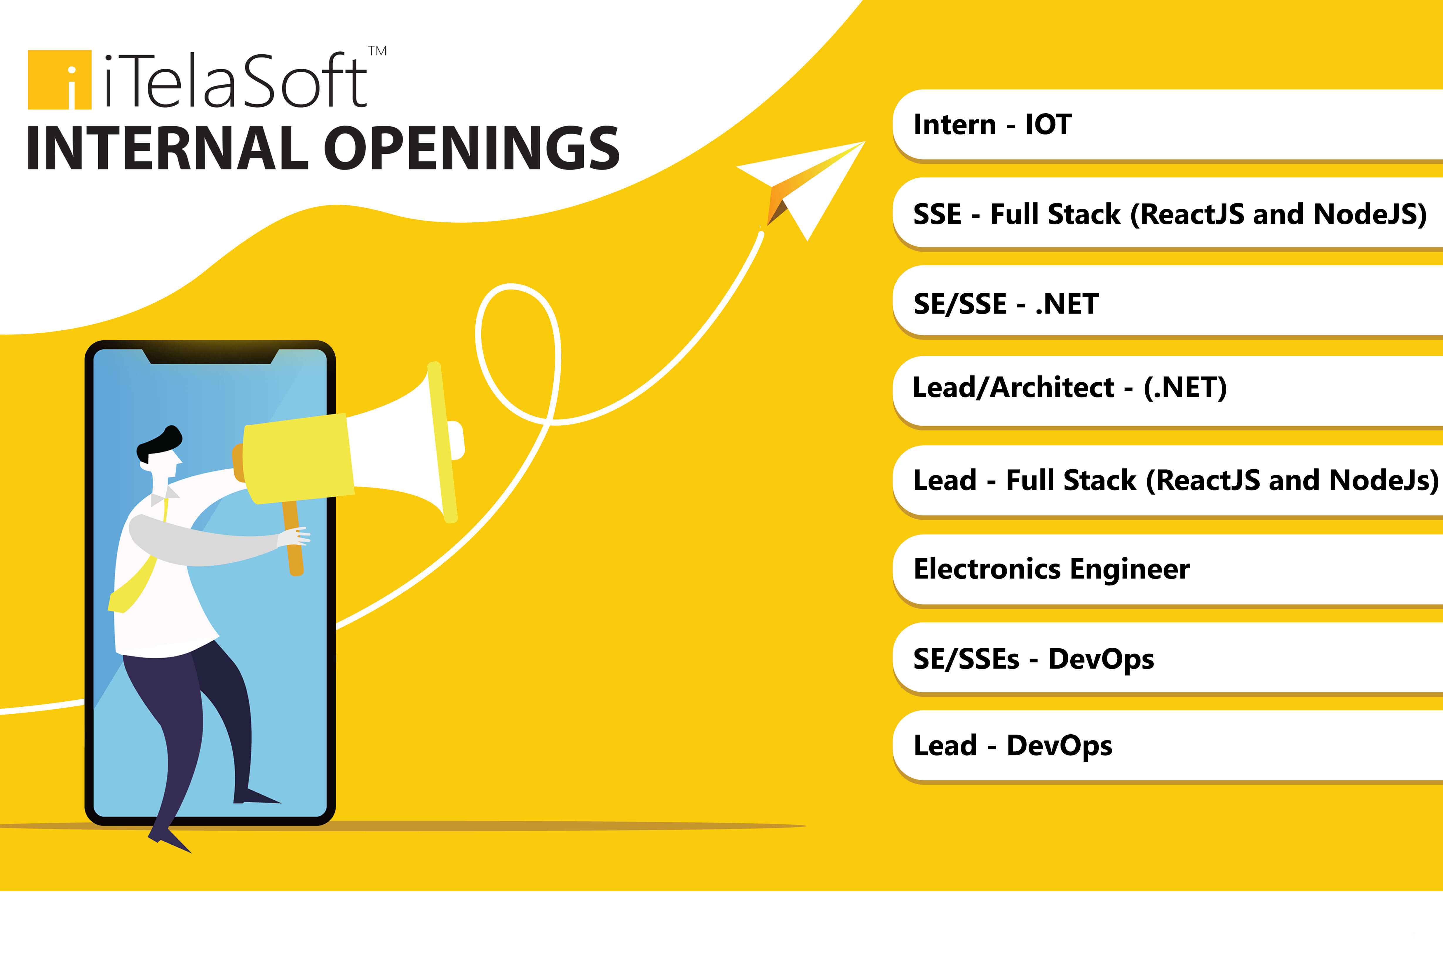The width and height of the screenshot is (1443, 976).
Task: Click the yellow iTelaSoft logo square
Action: click(x=60, y=79)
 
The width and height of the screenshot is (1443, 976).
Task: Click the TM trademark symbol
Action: click(x=378, y=51)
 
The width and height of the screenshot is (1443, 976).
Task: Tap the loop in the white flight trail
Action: click(x=518, y=354)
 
